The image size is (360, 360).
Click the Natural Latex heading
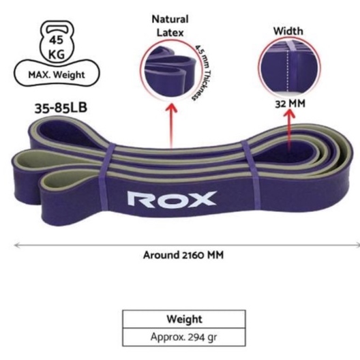[x=171, y=26]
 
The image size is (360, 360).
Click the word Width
[x=288, y=31]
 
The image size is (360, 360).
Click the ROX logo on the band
[x=172, y=199]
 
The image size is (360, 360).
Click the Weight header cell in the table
[x=183, y=319]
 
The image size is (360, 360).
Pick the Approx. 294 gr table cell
[x=183, y=337]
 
